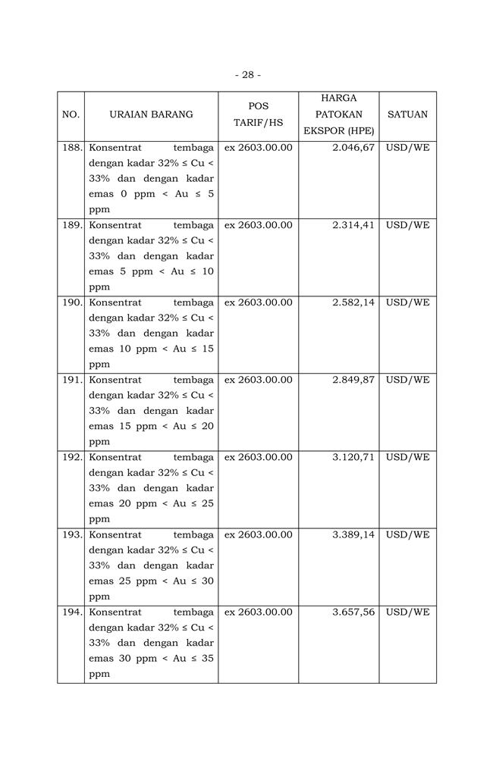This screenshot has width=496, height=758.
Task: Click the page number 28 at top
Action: pyautogui.click(x=248, y=75)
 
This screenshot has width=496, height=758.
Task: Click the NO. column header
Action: pyautogui.click(x=71, y=114)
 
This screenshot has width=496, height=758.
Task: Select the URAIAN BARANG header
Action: pyautogui.click(x=151, y=114)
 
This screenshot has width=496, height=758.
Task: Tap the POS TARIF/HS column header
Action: pyautogui.click(x=258, y=114)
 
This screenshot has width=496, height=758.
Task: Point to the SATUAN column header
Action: pyautogui.click(x=407, y=114)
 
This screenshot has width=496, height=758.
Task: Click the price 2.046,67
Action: pyautogui.click(x=353, y=147)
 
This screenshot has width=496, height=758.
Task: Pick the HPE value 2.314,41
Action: pyautogui.click(x=353, y=225)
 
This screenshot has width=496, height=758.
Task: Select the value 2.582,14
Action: pyautogui.click(x=353, y=302)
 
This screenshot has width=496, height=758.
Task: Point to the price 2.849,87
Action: pyautogui.click(x=353, y=380)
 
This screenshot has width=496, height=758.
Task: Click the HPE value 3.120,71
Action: pyautogui.click(x=353, y=457)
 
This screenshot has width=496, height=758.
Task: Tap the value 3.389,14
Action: pyautogui.click(x=353, y=534)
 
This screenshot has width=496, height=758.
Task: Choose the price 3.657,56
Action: pyautogui.click(x=353, y=612)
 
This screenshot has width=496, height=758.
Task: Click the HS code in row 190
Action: pyautogui.click(x=258, y=302)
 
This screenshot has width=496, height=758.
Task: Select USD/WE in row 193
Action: pyautogui.click(x=407, y=534)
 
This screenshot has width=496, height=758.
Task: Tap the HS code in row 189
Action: pyautogui.click(x=258, y=225)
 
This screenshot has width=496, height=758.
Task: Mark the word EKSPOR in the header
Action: pyautogui.click(x=322, y=130)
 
